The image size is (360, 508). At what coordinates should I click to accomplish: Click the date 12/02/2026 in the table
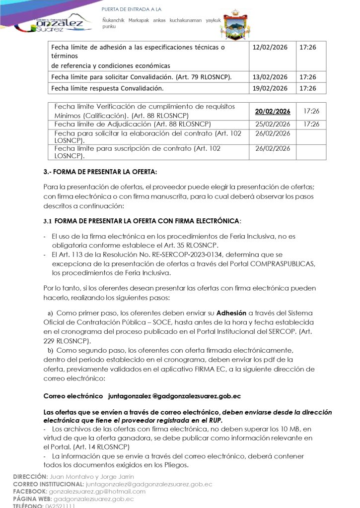pos(270,47)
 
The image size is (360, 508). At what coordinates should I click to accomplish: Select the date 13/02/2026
pos(270,77)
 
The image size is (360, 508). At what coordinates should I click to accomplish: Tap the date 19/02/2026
pos(270,88)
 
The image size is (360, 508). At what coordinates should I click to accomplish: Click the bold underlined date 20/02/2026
pos(273,112)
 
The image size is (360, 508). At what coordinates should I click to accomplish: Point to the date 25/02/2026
pos(273,124)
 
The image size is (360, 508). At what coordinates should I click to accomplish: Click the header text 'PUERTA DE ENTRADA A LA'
pos(131,9)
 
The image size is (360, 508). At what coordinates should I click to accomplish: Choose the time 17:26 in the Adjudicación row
pos(311,124)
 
